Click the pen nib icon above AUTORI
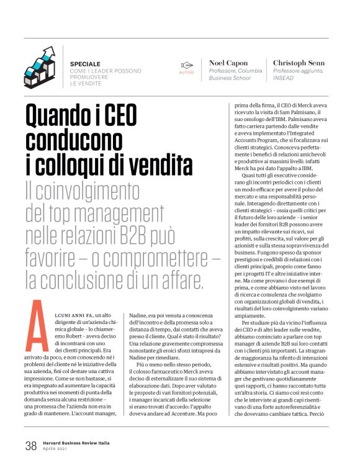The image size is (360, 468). point(187,65)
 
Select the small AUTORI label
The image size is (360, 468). point(187,73)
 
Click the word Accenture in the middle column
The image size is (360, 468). point(189,413)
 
